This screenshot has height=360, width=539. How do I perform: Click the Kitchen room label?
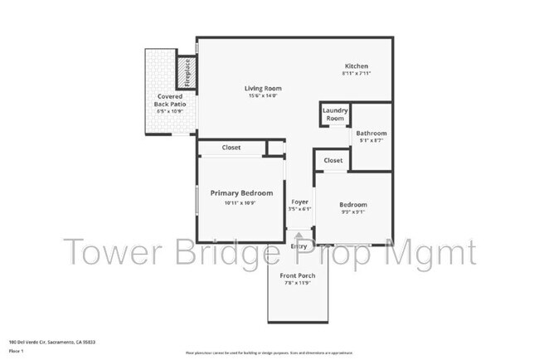357,66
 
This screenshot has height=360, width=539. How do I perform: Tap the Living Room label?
263,88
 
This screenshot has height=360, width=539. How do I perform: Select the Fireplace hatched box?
187,72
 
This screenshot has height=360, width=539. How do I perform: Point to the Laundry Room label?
335,114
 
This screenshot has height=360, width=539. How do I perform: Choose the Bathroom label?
371,133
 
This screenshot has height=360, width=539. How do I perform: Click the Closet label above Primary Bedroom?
231,148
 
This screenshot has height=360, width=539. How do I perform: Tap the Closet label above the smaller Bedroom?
333,160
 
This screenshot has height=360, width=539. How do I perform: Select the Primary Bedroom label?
240,192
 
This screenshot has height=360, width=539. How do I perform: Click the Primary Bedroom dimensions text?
240,203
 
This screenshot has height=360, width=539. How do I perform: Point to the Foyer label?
299,202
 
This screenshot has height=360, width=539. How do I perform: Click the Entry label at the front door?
299,246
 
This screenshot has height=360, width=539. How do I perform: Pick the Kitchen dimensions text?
357,75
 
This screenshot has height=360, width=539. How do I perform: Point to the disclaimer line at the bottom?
269,352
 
